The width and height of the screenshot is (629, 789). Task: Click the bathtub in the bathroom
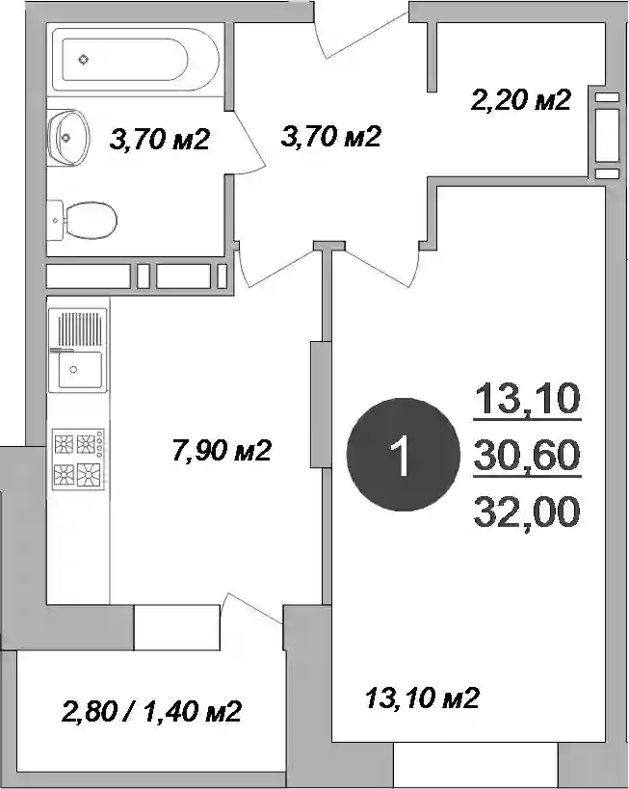point(136,60)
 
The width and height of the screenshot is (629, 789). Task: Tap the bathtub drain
point(84,60)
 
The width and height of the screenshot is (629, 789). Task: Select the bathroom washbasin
point(68,138)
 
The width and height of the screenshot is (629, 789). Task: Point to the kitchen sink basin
point(80,370)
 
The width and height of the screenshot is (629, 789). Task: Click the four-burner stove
point(78,459)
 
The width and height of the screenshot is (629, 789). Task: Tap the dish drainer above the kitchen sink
point(80,329)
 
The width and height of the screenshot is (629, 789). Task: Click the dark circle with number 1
point(403,455)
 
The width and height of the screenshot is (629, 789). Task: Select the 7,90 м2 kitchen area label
point(222,449)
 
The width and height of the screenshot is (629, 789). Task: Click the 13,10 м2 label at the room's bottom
point(422,697)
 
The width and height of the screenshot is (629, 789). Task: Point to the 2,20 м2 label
point(521,99)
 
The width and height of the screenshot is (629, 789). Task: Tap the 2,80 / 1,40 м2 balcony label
point(151,712)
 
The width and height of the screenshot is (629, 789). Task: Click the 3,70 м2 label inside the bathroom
point(159,139)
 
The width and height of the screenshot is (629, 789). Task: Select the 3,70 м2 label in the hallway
point(330,136)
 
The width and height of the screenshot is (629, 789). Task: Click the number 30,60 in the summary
point(527,455)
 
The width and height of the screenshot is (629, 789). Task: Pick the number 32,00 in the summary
point(527,512)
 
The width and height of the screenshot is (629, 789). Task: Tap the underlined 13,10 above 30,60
point(527,398)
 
